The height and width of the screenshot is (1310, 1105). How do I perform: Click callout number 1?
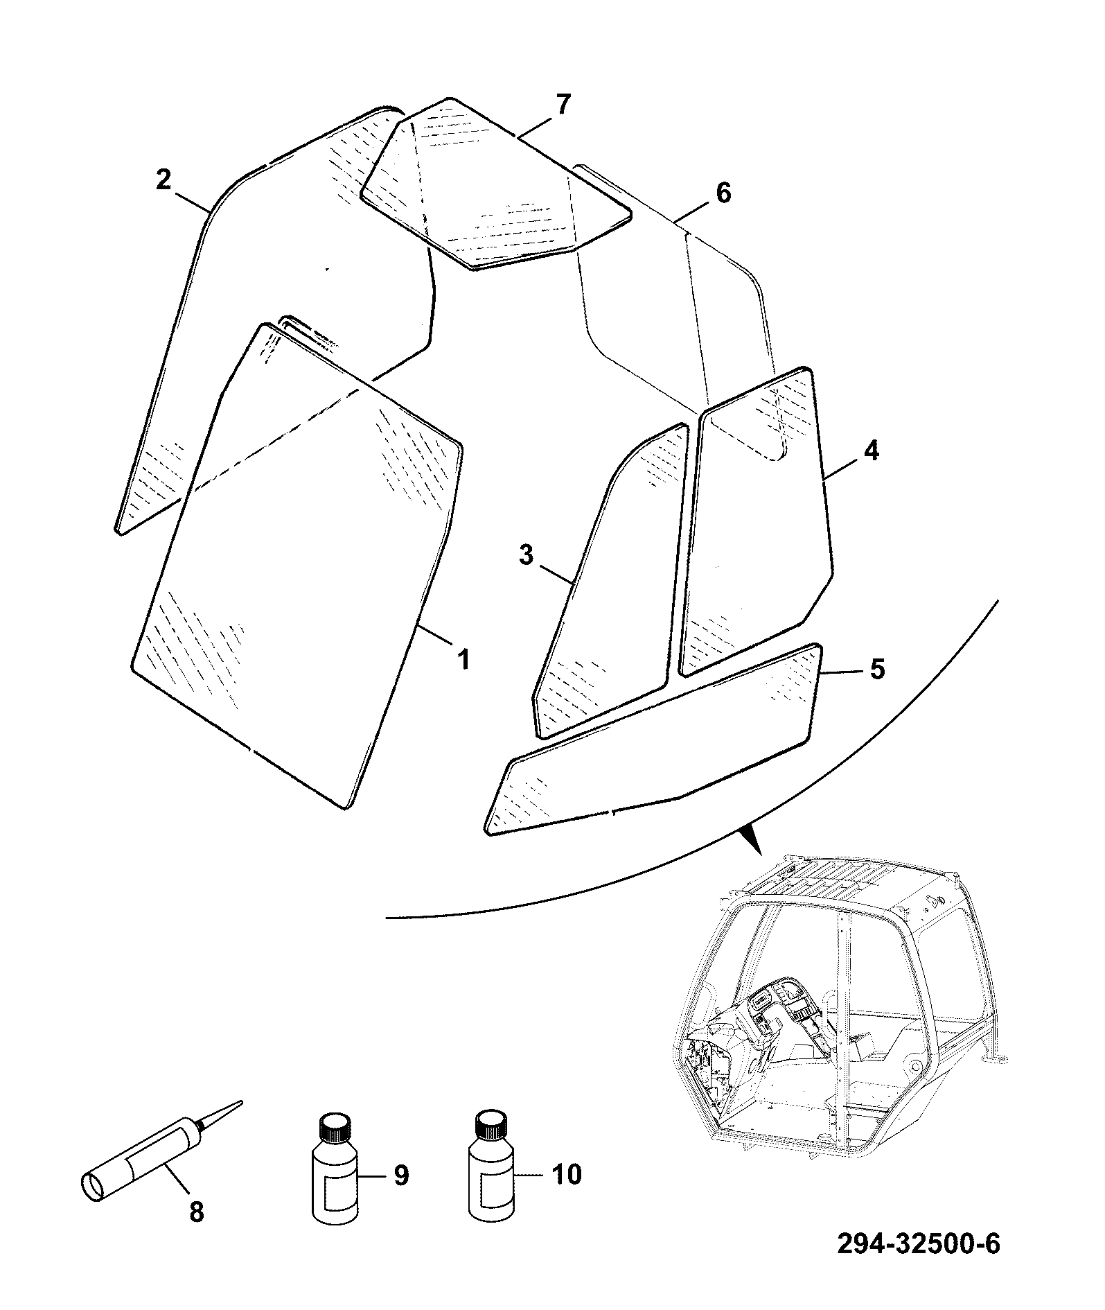pyautogui.click(x=463, y=658)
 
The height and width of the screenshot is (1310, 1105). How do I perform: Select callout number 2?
pyautogui.click(x=163, y=181)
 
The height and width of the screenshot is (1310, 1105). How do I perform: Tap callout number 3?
pyautogui.click(x=526, y=555)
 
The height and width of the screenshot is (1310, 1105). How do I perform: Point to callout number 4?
pyautogui.click(x=871, y=451)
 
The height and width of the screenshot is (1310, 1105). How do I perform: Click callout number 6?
pyautogui.click(x=723, y=193)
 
